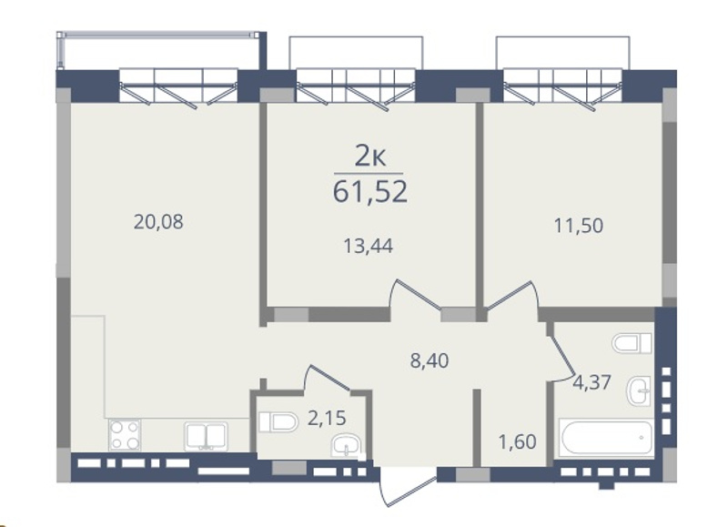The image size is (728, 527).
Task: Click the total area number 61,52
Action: (370, 191)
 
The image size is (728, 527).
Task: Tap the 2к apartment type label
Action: (370, 157)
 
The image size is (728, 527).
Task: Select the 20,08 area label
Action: (158, 222)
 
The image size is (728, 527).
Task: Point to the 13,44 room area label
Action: (368, 246)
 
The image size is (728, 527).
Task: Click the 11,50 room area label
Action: (579, 226)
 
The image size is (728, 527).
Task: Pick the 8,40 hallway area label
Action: (430, 360)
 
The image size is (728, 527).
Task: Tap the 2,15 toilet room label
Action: (327, 419)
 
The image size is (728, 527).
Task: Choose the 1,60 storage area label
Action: (517, 441)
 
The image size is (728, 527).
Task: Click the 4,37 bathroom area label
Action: (591, 383)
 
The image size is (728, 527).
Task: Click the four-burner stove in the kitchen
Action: (125, 435)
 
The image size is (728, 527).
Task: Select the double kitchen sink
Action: (206, 437)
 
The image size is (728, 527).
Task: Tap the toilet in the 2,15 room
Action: (278, 422)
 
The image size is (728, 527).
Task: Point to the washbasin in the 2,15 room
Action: (346, 447)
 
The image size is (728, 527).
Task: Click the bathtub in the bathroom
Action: (607, 437)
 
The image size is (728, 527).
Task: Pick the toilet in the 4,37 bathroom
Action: (632, 343)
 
